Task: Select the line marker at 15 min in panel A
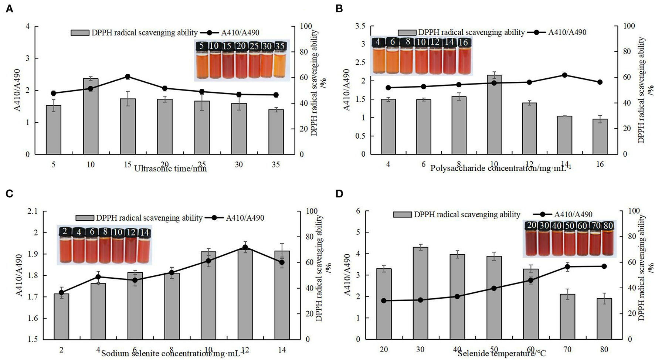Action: (x=128, y=77)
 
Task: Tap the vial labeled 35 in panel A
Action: (x=280, y=63)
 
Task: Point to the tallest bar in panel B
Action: (x=494, y=114)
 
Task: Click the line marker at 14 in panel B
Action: (x=564, y=75)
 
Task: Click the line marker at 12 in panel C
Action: (x=245, y=247)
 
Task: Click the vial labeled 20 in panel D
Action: (x=532, y=240)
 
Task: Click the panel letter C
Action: (x=10, y=194)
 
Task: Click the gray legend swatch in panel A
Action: (x=80, y=33)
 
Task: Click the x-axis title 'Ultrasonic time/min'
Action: (x=170, y=169)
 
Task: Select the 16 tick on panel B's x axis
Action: (x=600, y=164)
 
